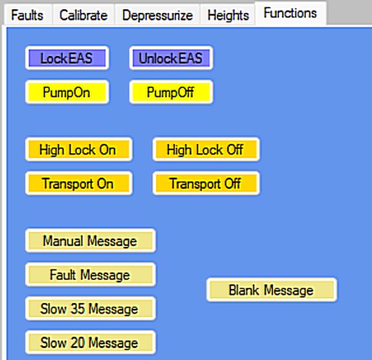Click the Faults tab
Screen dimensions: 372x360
click(27, 16)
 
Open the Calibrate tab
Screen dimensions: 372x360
click(83, 16)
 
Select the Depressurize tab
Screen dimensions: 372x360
click(158, 16)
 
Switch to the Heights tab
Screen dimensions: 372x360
click(228, 16)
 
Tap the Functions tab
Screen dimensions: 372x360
click(290, 13)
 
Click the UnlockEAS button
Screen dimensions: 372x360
click(171, 58)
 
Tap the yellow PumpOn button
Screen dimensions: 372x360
click(67, 92)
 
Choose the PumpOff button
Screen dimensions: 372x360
click(171, 92)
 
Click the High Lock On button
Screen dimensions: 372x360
click(79, 149)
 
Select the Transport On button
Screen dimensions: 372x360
click(79, 184)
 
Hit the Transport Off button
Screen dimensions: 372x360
click(206, 184)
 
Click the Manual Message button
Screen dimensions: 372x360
click(90, 240)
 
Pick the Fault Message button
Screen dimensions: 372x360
click(90, 275)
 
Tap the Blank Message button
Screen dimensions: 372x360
click(272, 290)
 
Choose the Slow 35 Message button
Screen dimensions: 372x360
click(90, 308)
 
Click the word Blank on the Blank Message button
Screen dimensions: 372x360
click(244, 290)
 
